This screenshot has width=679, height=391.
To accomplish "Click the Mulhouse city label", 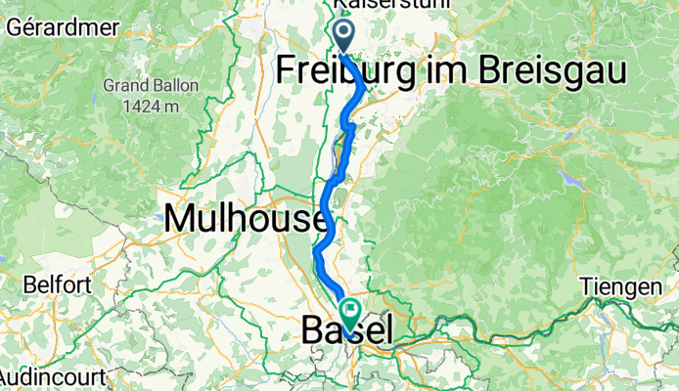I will (247, 217).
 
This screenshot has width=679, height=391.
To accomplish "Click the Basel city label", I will (346, 330).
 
